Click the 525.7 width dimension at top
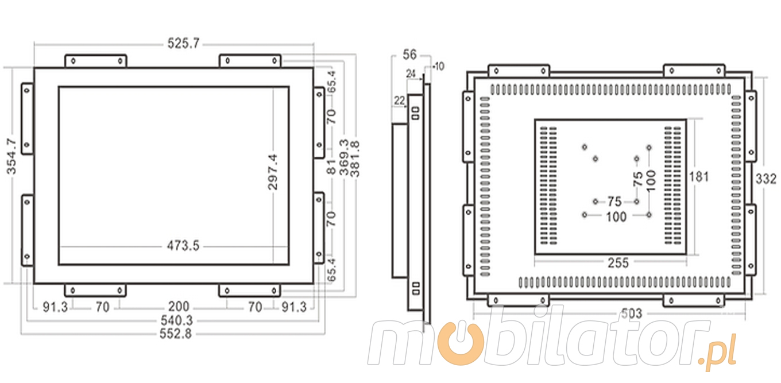(x=183, y=44)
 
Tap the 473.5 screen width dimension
(x=183, y=246)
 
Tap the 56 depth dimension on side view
(x=409, y=55)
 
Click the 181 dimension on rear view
(x=698, y=176)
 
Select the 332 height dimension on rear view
(x=765, y=179)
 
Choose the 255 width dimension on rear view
(x=618, y=263)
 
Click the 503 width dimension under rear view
(x=632, y=314)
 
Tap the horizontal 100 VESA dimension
(x=616, y=216)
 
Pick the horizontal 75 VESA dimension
(x=614, y=202)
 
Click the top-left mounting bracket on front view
(x=95, y=60)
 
